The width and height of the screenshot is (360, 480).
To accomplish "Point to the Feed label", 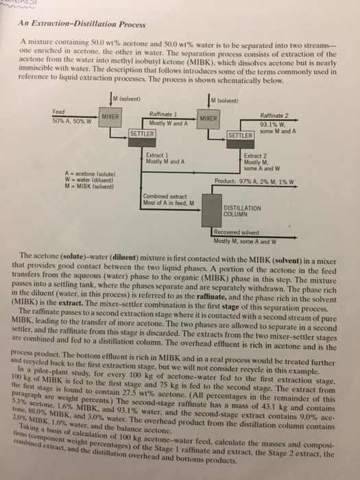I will (60, 111).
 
